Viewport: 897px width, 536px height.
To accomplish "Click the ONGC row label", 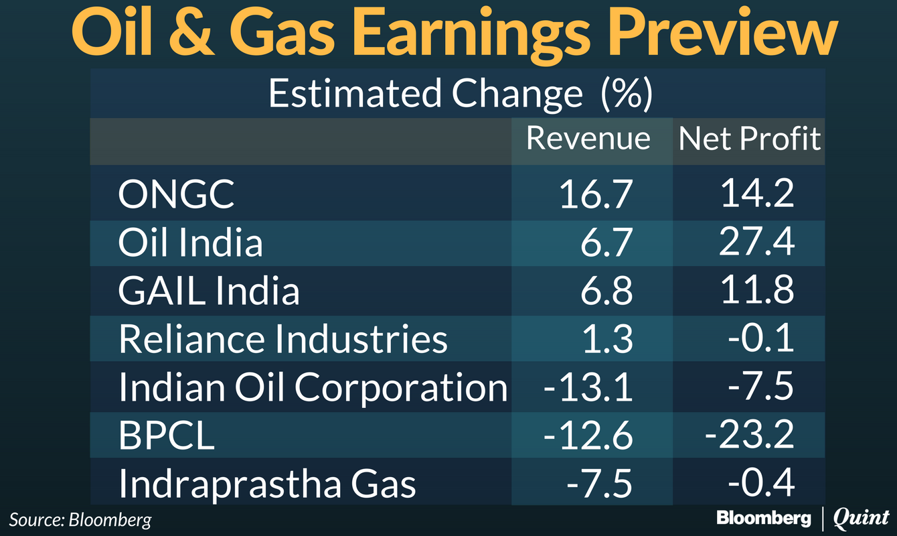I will (177, 194).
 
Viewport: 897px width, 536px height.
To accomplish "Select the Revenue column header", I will (588, 139).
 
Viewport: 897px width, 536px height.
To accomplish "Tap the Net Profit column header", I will (749, 139).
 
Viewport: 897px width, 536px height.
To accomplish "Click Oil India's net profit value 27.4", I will (756, 243).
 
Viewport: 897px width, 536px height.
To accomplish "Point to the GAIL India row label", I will (209, 291).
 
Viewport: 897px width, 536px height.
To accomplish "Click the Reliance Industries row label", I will (282, 339).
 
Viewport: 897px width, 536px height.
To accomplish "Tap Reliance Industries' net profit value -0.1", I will (762, 339).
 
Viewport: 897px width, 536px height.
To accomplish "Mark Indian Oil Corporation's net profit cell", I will (762, 387).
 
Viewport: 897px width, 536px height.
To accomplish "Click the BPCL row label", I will (167, 435).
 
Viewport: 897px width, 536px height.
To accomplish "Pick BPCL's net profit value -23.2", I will (750, 435).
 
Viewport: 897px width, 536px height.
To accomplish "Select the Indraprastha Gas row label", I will (267, 484).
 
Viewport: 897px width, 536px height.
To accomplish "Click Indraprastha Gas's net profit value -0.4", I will (762, 484).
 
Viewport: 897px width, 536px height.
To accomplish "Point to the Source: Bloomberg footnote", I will (80, 519).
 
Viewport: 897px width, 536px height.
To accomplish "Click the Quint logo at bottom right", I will (861, 518).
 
